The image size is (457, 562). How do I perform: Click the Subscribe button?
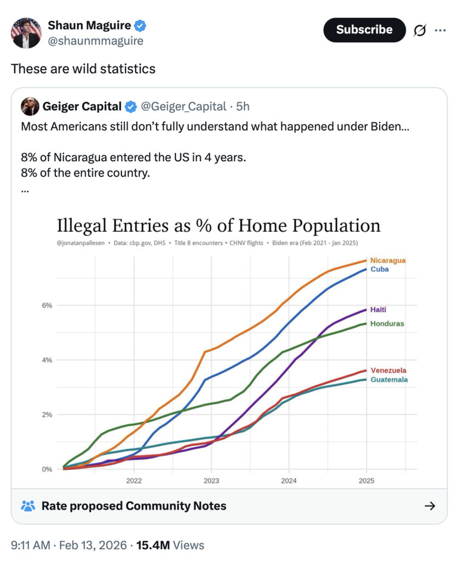point(364,30)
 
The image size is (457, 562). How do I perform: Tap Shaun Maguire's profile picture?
point(26,32)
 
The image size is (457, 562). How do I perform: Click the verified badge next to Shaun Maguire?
point(141,25)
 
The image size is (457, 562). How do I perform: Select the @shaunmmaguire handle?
point(96,41)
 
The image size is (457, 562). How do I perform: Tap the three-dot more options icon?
point(440,30)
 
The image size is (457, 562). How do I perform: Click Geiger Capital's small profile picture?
point(30,106)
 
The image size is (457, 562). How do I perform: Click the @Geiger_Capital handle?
point(184,106)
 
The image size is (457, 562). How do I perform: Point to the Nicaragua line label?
point(388,260)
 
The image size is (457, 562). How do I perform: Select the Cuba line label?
point(379,269)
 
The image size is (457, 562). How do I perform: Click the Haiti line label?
point(378,310)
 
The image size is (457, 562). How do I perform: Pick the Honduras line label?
point(387,324)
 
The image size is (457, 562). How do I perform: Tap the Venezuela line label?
point(388,370)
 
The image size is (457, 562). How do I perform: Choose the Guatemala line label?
point(389,379)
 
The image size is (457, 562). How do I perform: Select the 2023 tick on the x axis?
point(211,481)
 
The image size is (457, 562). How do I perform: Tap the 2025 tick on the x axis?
point(366,481)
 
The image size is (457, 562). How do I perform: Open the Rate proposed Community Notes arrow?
point(430,505)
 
